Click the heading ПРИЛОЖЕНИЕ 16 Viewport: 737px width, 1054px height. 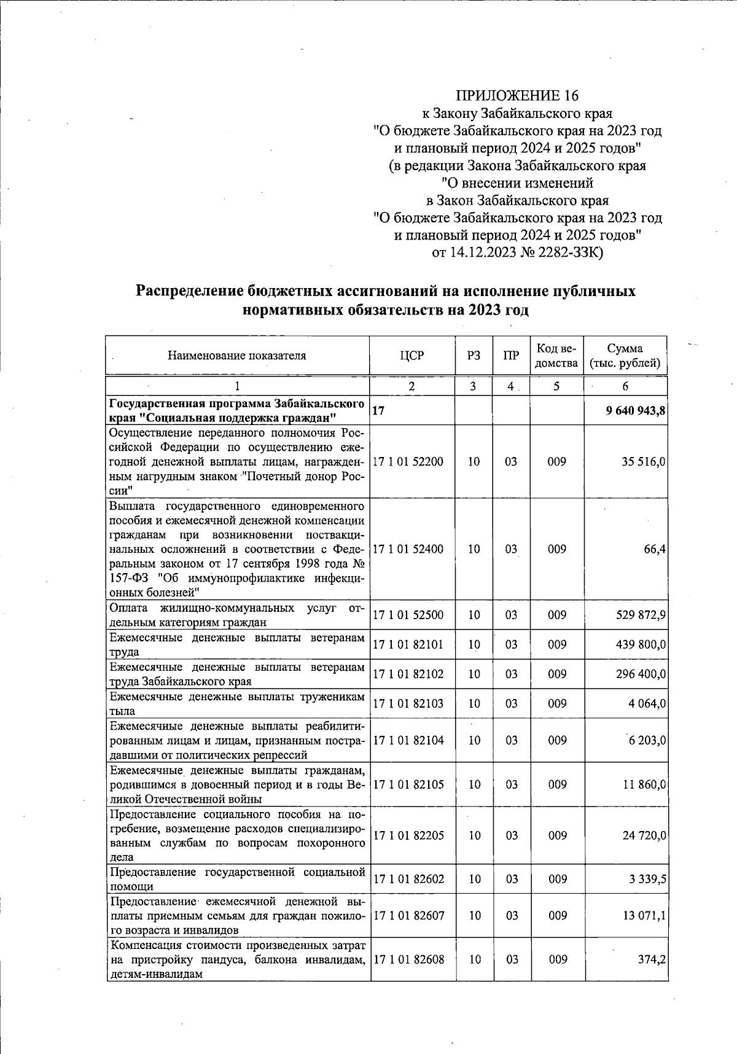(x=517, y=96)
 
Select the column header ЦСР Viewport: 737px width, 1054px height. (x=411, y=356)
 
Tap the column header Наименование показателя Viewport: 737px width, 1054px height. (x=237, y=356)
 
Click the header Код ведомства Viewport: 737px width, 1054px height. (x=556, y=356)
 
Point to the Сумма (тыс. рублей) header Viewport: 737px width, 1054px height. (x=625, y=356)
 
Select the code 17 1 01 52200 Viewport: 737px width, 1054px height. (x=408, y=461)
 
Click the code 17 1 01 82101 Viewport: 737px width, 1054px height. (x=408, y=644)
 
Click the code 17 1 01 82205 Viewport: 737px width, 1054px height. (x=408, y=836)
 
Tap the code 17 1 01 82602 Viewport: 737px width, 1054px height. (x=408, y=879)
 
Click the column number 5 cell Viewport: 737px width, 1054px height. (x=556, y=386)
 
